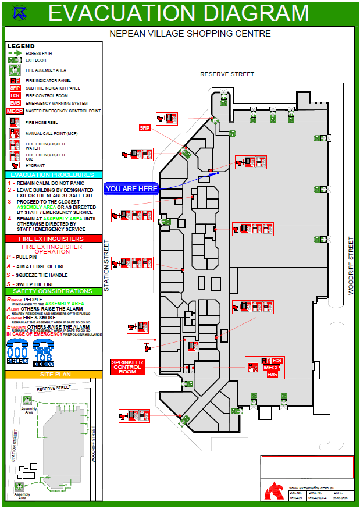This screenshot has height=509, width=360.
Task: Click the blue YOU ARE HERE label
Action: [x=131, y=188]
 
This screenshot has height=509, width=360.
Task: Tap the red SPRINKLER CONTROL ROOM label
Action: [x=127, y=366]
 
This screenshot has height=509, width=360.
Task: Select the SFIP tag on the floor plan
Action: [x=145, y=127]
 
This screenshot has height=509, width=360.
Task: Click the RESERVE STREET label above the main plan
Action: [x=227, y=74]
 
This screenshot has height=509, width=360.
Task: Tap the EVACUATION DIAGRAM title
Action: [x=178, y=13]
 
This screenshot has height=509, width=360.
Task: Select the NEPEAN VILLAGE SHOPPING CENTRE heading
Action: [x=190, y=34]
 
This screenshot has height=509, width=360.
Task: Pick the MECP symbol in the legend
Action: [x=15, y=111]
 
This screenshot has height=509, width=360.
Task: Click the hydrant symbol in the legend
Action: [x=16, y=166]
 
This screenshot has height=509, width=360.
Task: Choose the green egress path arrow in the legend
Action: [x=15, y=53]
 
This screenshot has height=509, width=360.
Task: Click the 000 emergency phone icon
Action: [x=17, y=353]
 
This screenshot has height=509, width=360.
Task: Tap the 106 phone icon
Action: [x=44, y=353]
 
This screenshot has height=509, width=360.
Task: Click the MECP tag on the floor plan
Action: [x=272, y=368]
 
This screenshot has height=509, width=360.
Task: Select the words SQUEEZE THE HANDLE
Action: [x=41, y=275]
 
